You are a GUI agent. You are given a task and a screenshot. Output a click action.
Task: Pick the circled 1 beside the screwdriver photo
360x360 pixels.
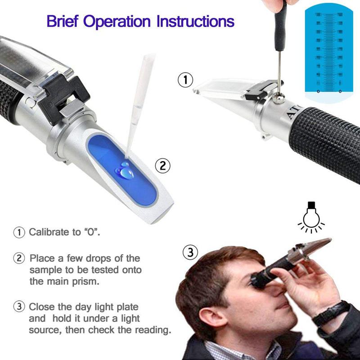185,81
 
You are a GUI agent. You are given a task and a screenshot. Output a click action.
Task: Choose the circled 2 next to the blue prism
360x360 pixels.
163,165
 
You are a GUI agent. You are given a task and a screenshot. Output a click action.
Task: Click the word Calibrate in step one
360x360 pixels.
49,233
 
